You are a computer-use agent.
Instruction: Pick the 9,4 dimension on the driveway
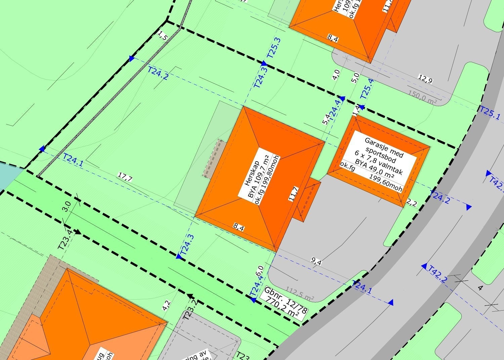pyautogui.click(x=316, y=261)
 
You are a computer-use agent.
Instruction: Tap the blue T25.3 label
pyautogui.click(x=273, y=48)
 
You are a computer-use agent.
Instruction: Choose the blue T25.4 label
pyautogui.click(x=367, y=88)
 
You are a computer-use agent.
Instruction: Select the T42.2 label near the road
pyautogui.click(x=437, y=274)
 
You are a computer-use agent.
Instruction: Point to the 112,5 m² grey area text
pyautogui.click(x=300, y=294)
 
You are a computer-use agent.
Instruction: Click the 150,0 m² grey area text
pyautogui.click(x=423, y=96)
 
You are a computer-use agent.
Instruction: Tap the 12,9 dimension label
pyautogui.click(x=425, y=79)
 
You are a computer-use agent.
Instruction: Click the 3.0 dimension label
pyautogui.click(x=67, y=206)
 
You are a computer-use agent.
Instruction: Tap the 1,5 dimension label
pyautogui.click(x=162, y=35)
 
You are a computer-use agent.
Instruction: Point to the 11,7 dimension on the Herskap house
pyautogui.click(x=293, y=194)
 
